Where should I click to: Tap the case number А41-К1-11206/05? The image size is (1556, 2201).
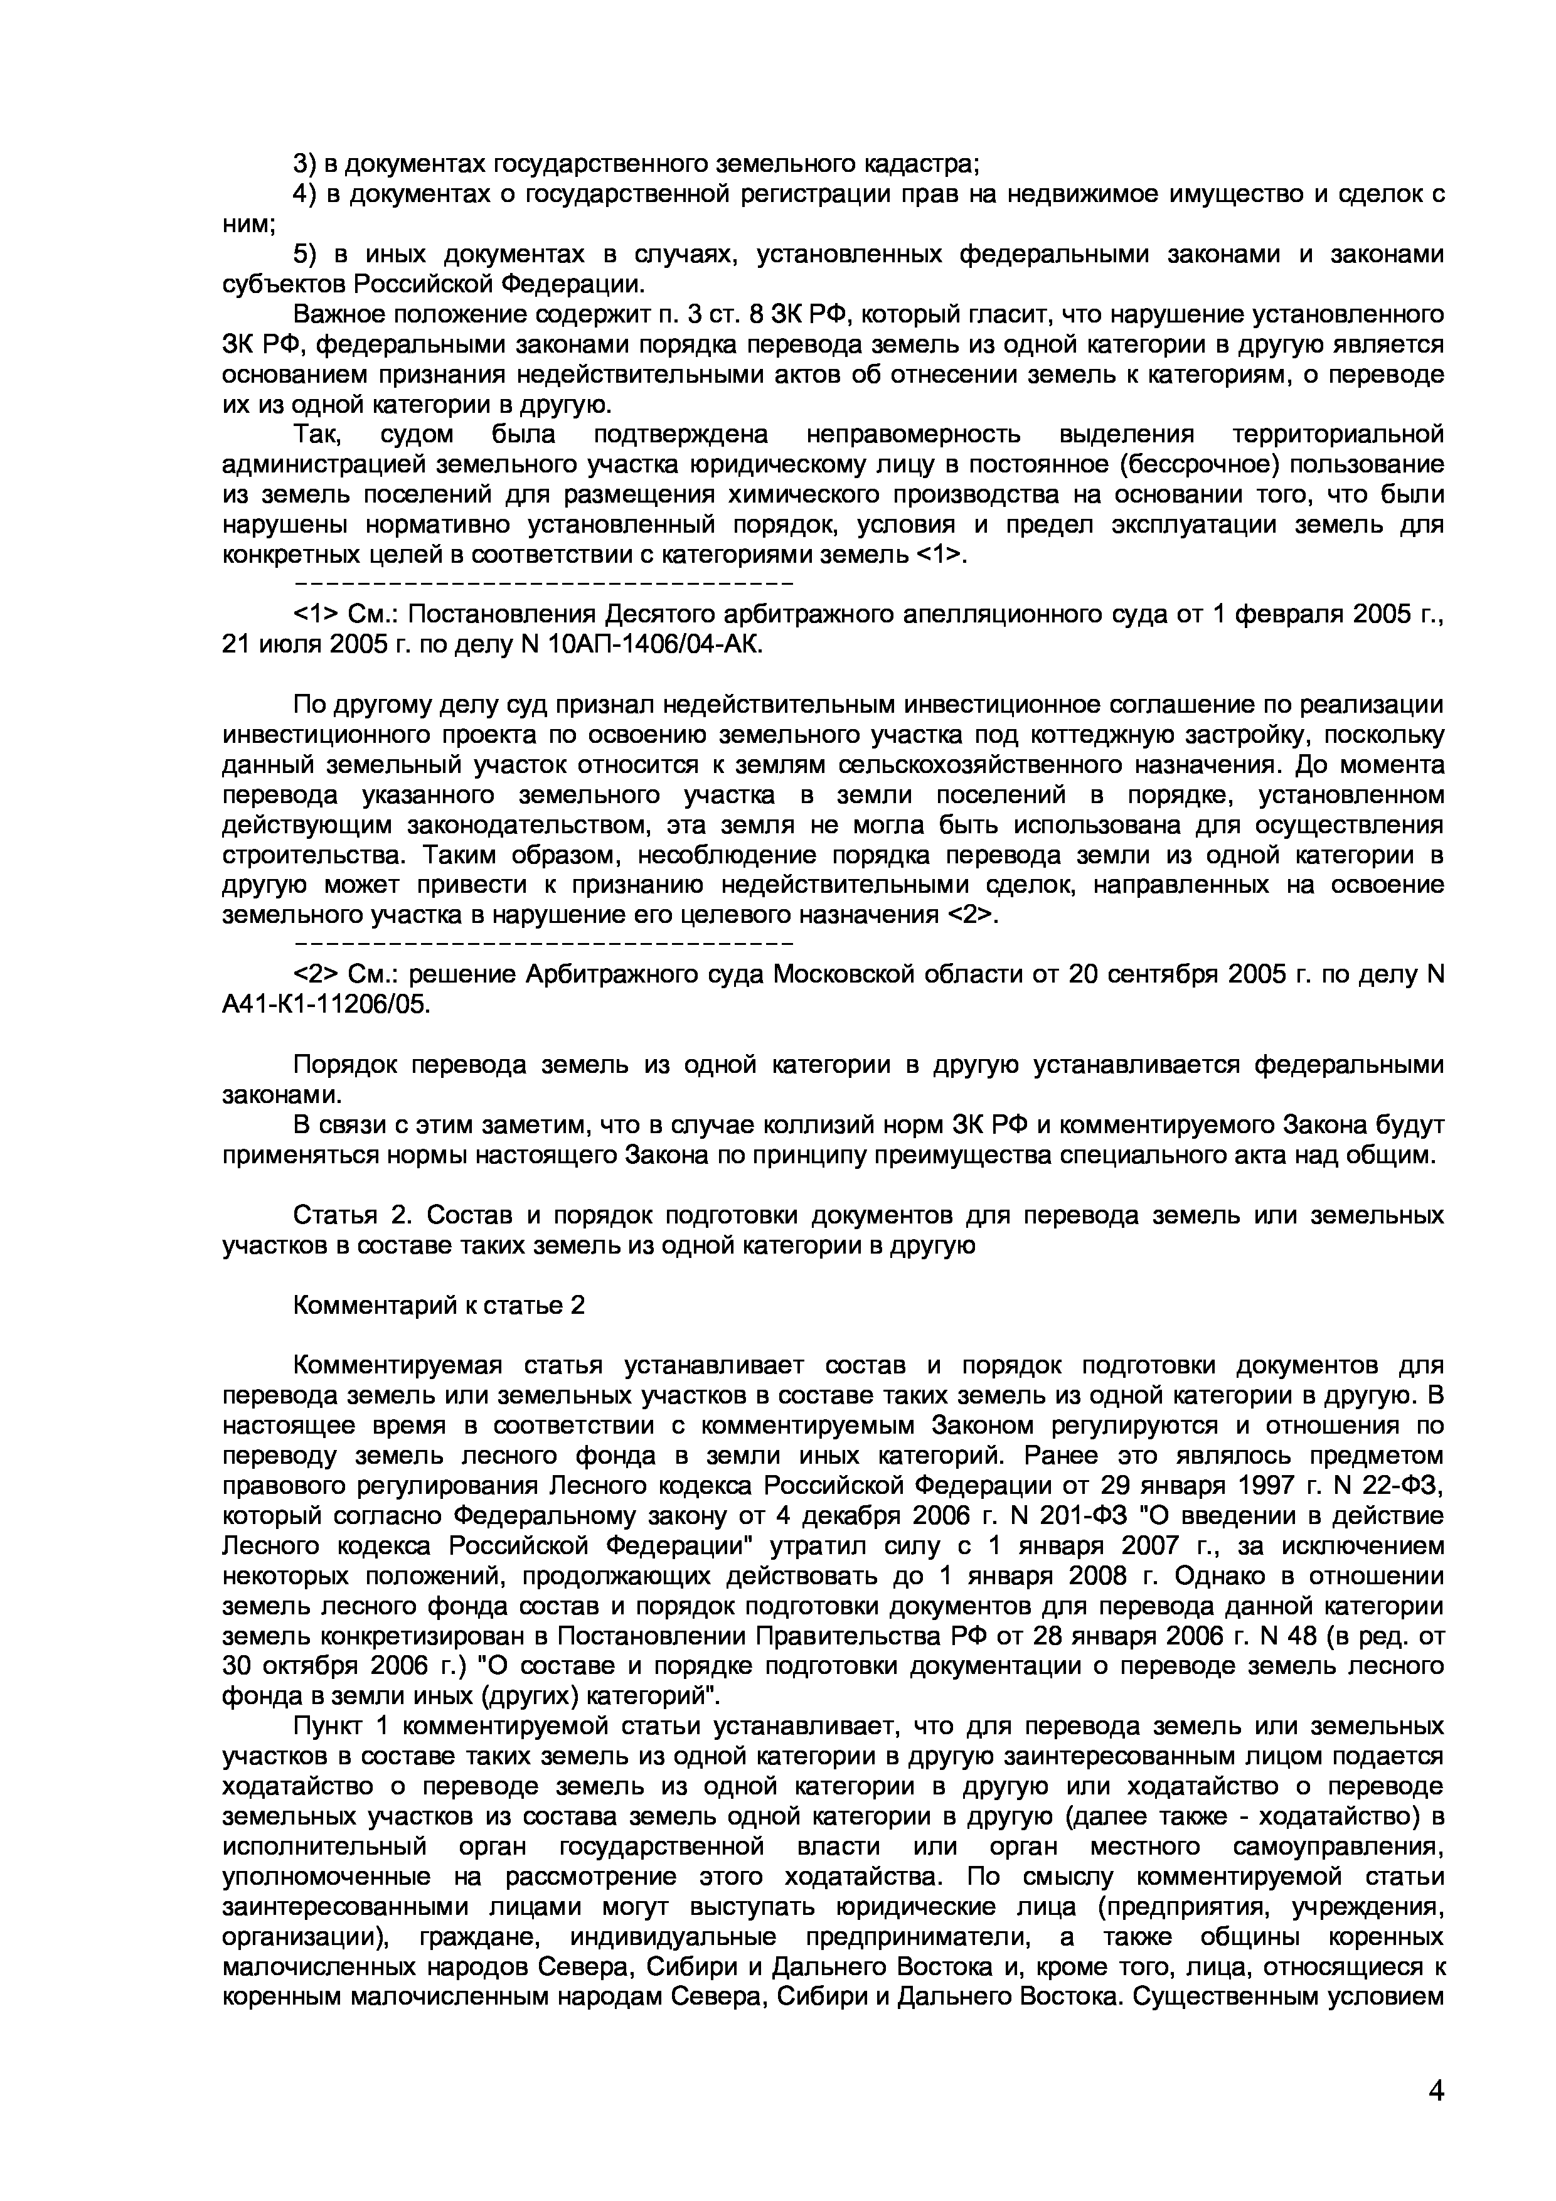point(327,1004)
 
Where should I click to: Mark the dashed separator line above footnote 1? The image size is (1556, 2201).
point(543,584)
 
